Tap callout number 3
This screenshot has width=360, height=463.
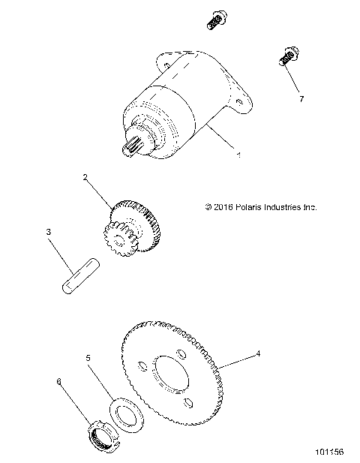point(49,233)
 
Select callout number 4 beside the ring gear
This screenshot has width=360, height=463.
point(258,353)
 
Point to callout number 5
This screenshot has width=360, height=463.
point(88,359)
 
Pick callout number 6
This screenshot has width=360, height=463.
point(59,381)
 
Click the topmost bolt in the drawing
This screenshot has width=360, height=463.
point(214,20)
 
